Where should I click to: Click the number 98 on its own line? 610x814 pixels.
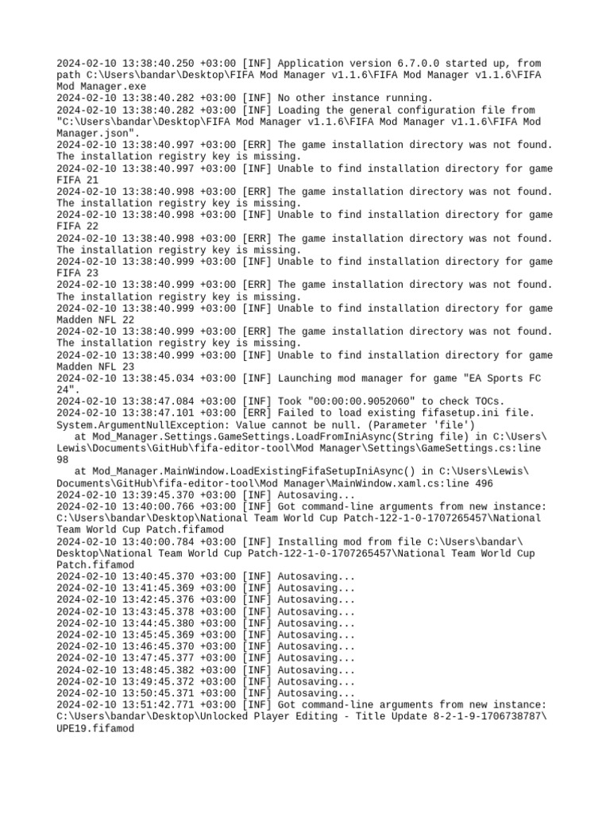click(x=64, y=460)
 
